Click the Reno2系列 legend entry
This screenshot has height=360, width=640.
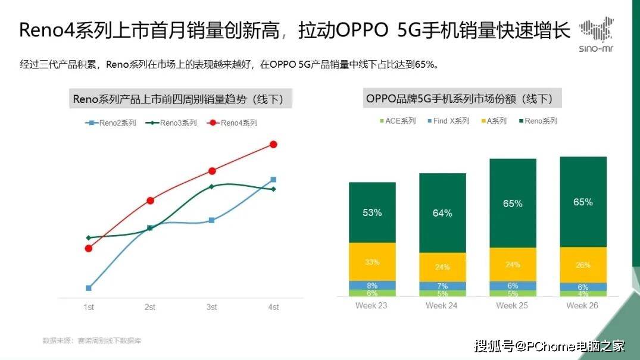click(x=111, y=123)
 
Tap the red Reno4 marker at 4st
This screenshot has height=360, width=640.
click(x=273, y=144)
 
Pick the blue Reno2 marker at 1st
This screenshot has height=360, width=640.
click(x=89, y=288)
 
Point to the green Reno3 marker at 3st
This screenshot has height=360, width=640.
click(x=211, y=186)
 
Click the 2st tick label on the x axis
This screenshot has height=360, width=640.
click(x=149, y=307)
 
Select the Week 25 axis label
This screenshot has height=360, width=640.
click(x=513, y=305)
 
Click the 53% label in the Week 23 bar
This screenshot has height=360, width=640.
click(x=372, y=212)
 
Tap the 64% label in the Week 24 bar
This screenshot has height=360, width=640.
click(x=442, y=213)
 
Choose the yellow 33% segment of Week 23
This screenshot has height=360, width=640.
click(x=372, y=261)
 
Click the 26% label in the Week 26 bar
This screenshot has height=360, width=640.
click(x=583, y=265)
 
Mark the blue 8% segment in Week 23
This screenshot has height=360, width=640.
click(x=372, y=285)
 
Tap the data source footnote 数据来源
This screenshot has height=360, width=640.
click(x=92, y=340)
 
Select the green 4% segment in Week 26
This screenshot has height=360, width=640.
click(x=583, y=293)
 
